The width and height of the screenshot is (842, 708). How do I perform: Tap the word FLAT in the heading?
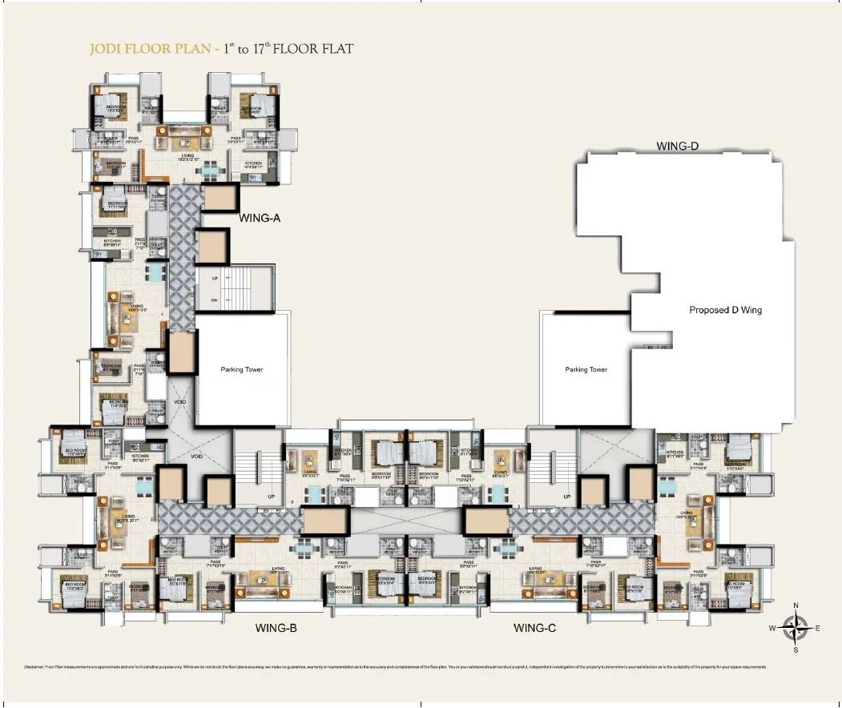[x=335, y=50]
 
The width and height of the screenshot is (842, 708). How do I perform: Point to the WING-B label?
[x=276, y=629]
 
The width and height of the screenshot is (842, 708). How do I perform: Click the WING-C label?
[x=534, y=629]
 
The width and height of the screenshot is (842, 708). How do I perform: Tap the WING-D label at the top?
[x=678, y=147]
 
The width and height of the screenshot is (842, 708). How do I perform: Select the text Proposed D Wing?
[x=725, y=310]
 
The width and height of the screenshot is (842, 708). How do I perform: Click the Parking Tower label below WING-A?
[x=241, y=370]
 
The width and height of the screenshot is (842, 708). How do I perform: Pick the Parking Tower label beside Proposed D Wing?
[x=586, y=370]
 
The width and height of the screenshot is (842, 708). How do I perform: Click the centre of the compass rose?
[x=795, y=628]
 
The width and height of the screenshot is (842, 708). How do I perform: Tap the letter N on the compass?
[x=795, y=606]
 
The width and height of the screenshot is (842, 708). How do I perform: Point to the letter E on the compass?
[x=817, y=629]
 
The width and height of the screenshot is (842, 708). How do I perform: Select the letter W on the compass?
[x=772, y=629]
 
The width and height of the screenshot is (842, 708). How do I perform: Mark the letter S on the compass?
[x=795, y=650]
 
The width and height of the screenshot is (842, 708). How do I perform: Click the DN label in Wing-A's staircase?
[x=214, y=300]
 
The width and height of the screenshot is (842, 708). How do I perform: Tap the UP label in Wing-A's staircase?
[x=214, y=278]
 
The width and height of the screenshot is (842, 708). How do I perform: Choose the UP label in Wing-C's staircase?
[x=567, y=497]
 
